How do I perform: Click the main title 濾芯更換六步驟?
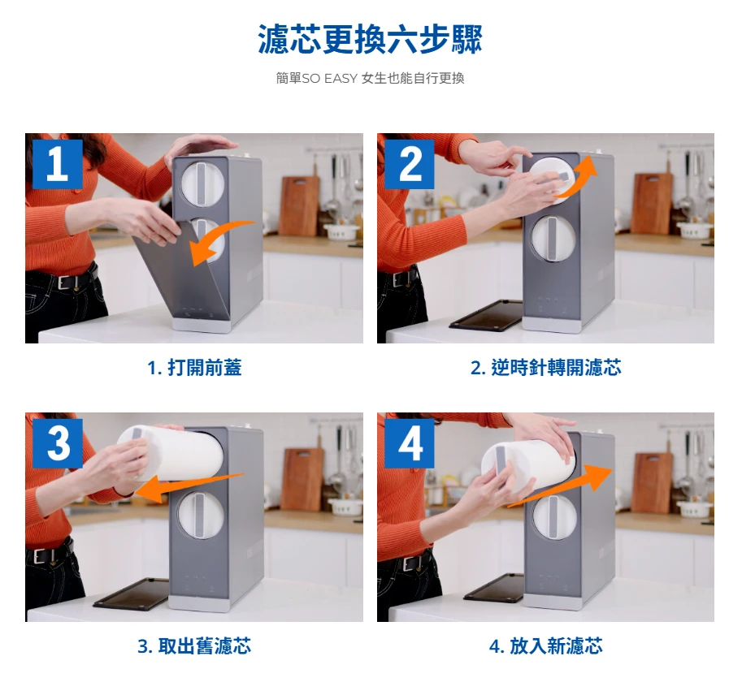coord(370,39)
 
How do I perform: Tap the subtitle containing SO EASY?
coord(370,78)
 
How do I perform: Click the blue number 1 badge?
coord(57,163)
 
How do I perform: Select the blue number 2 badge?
coord(410,163)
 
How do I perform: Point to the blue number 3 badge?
coord(57,443)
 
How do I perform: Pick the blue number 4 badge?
coord(410,443)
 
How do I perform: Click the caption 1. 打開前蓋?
coord(194,368)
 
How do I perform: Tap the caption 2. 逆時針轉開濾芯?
coord(545,368)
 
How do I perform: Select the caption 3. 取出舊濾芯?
coord(194,646)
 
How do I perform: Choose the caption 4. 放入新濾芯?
coord(545,646)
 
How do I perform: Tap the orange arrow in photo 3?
coord(189,486)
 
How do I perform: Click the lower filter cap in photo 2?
coord(553,238)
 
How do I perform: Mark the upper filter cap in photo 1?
coord(202,183)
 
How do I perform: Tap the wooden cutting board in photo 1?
coord(299,205)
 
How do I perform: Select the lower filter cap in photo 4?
coord(554,517)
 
